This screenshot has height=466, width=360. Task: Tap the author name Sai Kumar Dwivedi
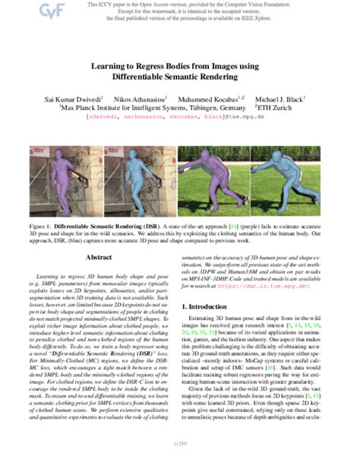tap(68, 99)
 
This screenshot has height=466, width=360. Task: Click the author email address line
tap(180, 118)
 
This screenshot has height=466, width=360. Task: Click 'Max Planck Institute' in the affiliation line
tap(91, 109)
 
